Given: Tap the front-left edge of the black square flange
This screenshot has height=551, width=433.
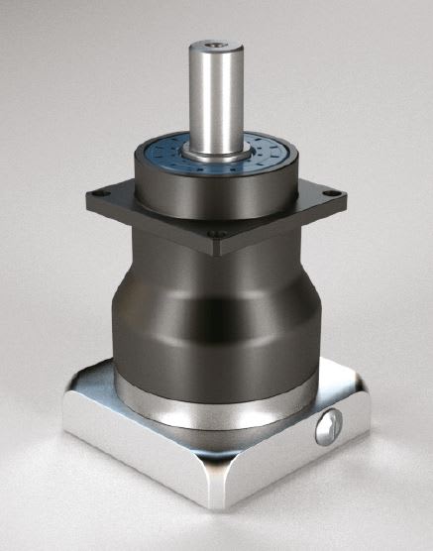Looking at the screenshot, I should click(x=149, y=220).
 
